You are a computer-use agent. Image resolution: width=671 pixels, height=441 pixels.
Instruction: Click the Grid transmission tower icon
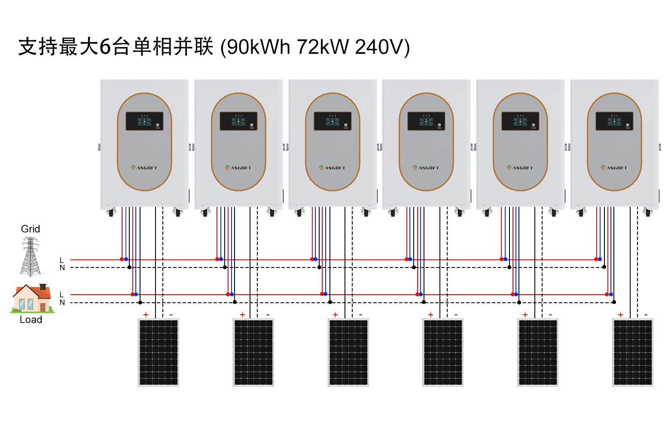(30, 256)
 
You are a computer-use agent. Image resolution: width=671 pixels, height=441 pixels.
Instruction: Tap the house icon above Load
(31, 298)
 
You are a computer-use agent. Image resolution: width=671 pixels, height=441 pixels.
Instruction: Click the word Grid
(30, 229)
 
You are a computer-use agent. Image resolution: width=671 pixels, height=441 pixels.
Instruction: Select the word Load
(31, 319)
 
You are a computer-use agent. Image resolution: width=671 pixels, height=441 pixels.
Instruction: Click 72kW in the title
(322, 47)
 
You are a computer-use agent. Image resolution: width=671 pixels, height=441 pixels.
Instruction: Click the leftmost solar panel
(159, 352)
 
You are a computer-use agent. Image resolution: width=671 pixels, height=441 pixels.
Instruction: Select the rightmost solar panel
(632, 352)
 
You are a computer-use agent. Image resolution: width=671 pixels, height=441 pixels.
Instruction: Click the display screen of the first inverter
(144, 121)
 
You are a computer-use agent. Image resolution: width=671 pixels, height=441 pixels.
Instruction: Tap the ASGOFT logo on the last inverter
(614, 168)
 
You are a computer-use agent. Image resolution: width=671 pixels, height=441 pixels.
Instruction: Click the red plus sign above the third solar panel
(335, 315)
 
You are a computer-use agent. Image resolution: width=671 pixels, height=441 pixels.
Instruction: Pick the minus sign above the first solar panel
(171, 315)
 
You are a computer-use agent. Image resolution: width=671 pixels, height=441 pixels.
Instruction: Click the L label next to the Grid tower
(62, 260)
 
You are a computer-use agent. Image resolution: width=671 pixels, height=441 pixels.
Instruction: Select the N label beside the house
(62, 302)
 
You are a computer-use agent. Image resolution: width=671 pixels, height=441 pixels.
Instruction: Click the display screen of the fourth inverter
(426, 121)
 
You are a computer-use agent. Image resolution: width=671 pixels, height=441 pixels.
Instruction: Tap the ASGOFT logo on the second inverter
(238, 168)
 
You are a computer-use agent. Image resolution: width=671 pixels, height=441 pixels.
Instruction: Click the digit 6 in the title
(105, 47)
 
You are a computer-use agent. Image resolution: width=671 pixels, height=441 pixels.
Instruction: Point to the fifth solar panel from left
(538, 352)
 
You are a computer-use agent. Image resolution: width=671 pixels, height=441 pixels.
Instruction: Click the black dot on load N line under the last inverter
(614, 302)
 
